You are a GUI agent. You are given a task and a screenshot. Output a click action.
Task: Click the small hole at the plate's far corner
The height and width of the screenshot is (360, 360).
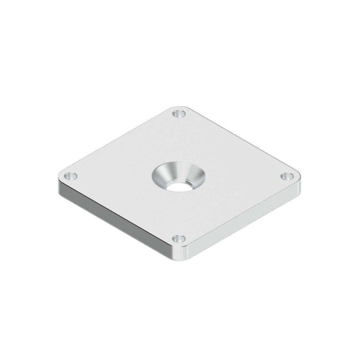178,113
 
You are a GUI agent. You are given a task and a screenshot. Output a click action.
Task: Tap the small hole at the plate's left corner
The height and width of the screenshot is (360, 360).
71,176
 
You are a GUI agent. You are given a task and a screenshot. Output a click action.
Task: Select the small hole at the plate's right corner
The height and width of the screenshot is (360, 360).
288,176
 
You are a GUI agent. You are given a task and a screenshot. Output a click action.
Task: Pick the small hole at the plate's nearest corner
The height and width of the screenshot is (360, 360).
179,238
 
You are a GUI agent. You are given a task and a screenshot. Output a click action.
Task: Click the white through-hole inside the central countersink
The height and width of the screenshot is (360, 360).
178,184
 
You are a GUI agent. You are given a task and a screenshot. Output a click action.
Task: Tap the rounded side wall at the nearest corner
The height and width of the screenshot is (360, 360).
180,257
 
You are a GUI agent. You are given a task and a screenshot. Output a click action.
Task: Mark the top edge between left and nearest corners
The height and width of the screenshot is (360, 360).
115,210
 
